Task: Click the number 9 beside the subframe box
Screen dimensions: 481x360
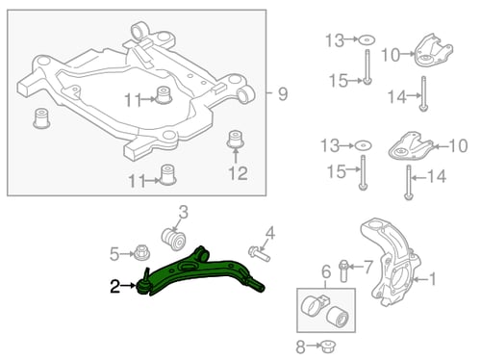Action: pyautogui.click(x=283, y=94)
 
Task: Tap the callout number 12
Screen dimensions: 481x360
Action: pyautogui.click(x=238, y=173)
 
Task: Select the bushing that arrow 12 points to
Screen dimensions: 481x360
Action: pyautogui.click(x=235, y=140)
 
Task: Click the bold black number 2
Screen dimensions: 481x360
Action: pyautogui.click(x=115, y=286)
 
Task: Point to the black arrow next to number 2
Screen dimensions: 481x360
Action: pyautogui.click(x=129, y=285)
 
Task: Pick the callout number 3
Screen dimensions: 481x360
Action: pyautogui.click(x=183, y=212)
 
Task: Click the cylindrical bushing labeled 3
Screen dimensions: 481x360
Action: pyautogui.click(x=173, y=239)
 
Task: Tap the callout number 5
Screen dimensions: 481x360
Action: pyautogui.click(x=114, y=254)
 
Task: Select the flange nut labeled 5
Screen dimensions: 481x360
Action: pyautogui.click(x=141, y=253)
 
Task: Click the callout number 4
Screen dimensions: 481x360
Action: pyautogui.click(x=270, y=233)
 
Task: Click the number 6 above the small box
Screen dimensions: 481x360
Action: pyautogui.click(x=326, y=271)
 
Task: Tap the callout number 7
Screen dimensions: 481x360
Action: pyautogui.click(x=368, y=267)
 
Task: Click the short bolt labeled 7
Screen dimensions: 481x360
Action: pyautogui.click(x=343, y=271)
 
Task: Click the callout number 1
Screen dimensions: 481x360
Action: pyautogui.click(x=433, y=278)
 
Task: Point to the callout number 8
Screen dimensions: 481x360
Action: pyautogui.click(x=300, y=347)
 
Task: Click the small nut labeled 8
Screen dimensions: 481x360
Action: pyautogui.click(x=327, y=346)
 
